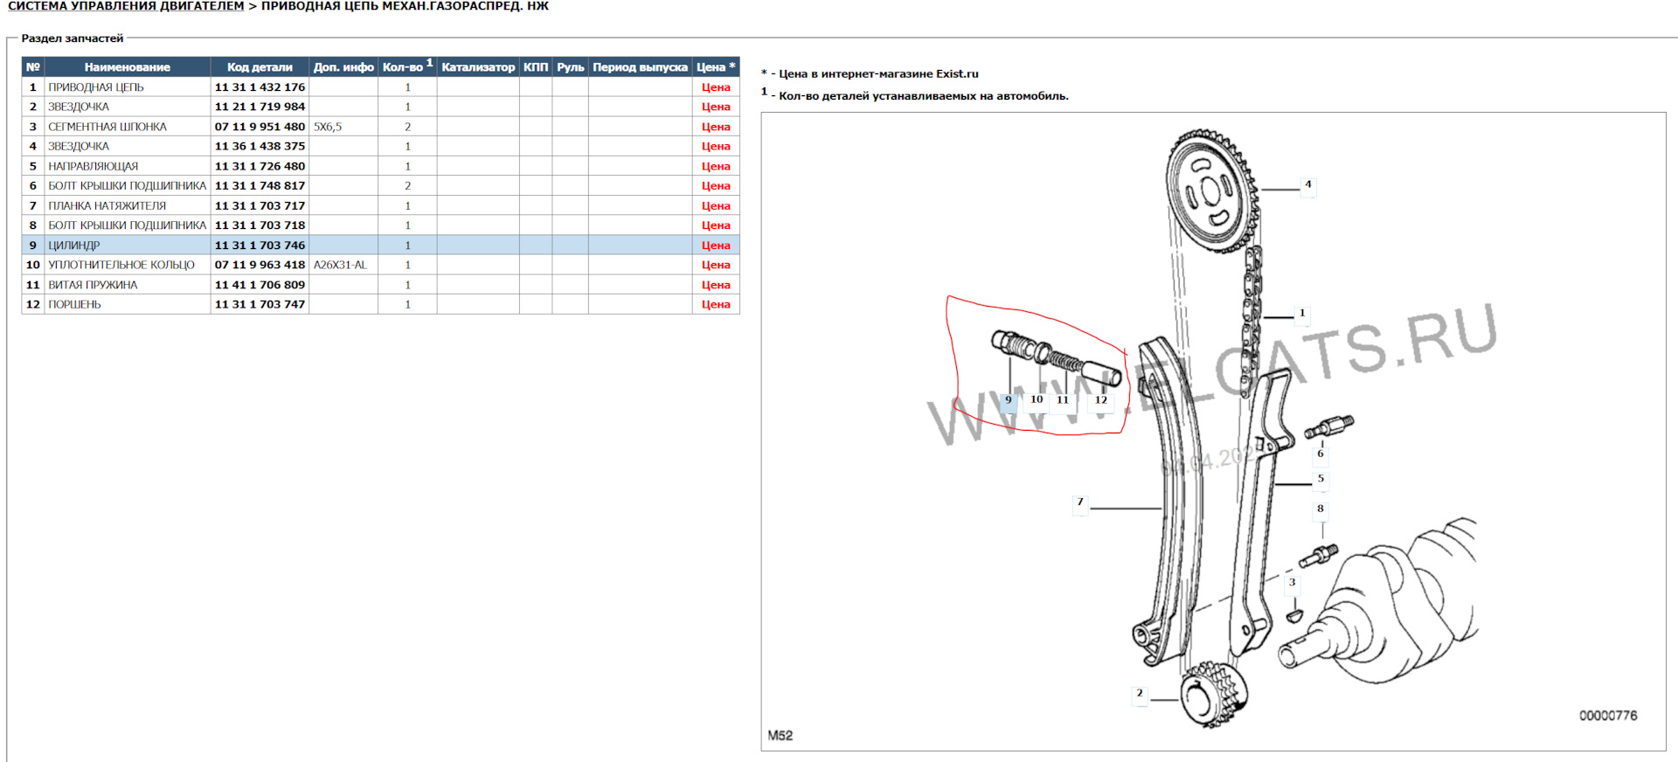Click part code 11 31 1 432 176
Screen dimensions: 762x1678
point(260,87)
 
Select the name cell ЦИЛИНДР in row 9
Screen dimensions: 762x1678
point(74,246)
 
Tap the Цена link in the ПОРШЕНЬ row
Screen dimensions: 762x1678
point(715,304)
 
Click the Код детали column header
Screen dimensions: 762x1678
point(260,67)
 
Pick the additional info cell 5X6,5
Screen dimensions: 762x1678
point(328,127)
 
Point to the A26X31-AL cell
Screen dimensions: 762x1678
point(340,265)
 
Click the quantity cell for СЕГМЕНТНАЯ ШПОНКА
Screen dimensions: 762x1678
point(407,127)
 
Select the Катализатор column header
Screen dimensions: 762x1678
point(478,67)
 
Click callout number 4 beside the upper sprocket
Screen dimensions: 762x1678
point(1307,184)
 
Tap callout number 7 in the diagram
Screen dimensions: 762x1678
point(1080,502)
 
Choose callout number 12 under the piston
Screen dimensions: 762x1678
point(1101,400)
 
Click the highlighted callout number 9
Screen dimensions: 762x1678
point(1009,400)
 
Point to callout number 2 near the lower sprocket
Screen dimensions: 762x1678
point(1139,693)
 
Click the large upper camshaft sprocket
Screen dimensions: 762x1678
point(1210,189)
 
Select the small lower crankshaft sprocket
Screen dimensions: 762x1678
point(1211,696)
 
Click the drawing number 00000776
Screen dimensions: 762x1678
point(1607,716)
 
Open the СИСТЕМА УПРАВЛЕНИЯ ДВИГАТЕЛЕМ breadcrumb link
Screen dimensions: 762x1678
point(126,6)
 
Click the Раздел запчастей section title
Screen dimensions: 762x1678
point(73,38)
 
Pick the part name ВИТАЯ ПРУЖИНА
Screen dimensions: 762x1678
point(93,285)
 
